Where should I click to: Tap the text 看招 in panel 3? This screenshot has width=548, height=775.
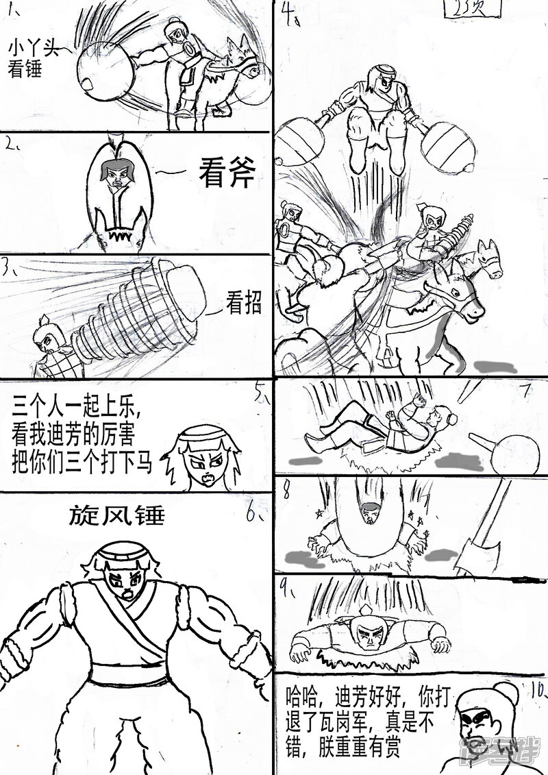click(243, 303)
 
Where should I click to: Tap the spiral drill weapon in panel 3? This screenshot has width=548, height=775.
click(137, 308)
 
